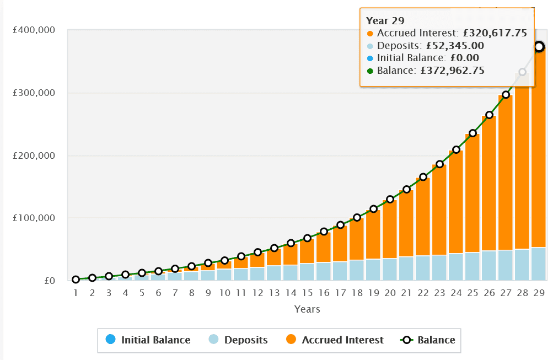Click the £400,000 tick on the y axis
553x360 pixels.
[x=34, y=30]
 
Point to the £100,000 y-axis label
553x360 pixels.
[x=34, y=218]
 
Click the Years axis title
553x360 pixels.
[x=307, y=309]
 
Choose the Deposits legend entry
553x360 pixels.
[x=245, y=340]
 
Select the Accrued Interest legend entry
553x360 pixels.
[x=342, y=340]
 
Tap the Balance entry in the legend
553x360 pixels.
[x=436, y=340]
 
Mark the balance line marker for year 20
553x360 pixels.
[x=390, y=200]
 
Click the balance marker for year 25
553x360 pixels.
[x=473, y=133]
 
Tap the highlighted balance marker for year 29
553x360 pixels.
[x=539, y=47]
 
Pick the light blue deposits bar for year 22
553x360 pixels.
[x=423, y=268]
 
